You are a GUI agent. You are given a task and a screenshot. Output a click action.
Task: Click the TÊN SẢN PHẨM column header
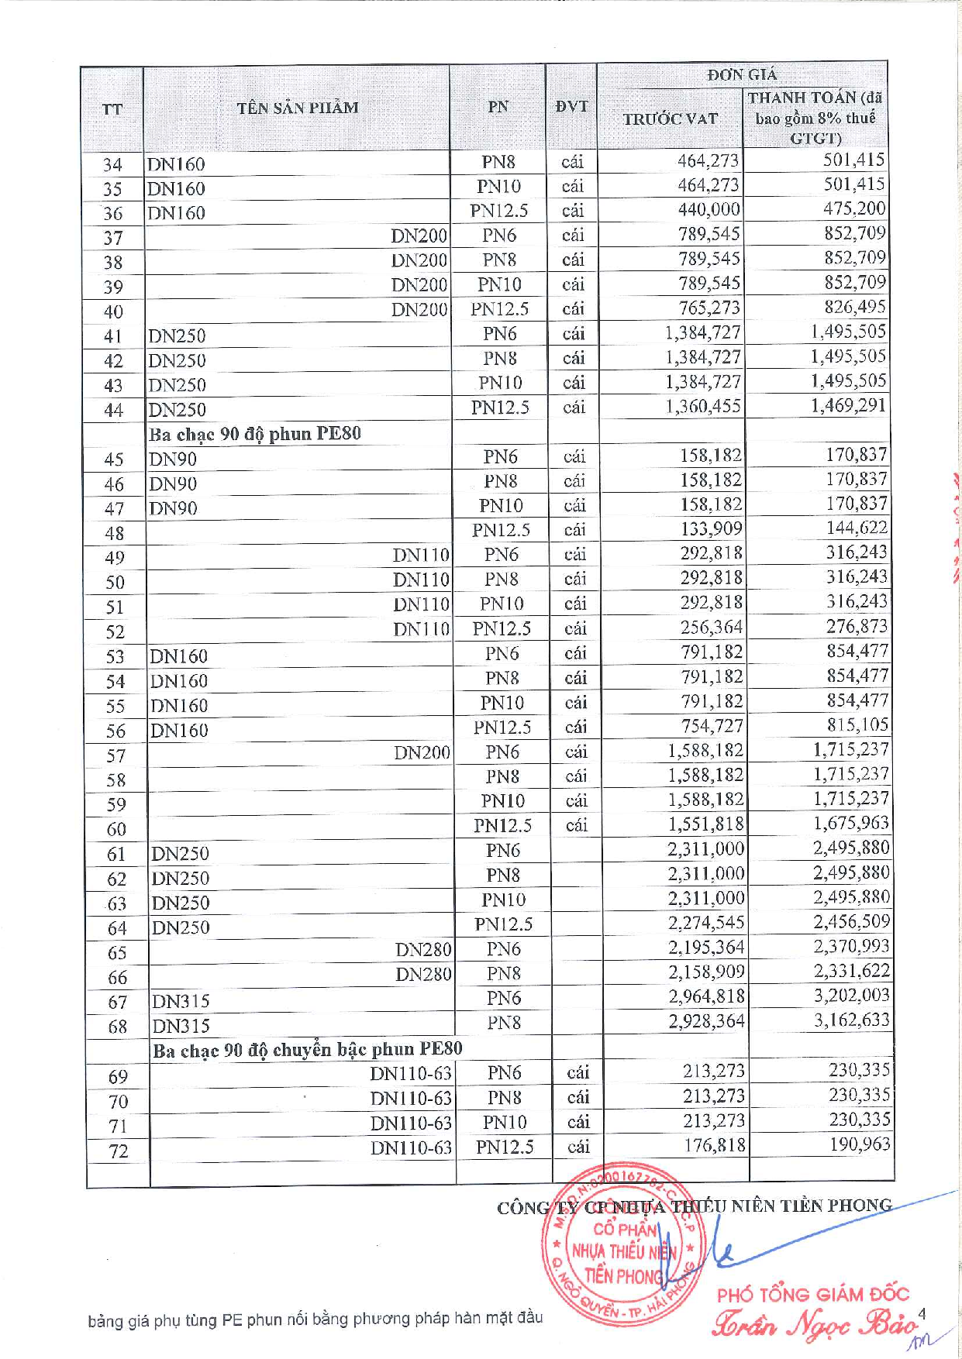click(298, 108)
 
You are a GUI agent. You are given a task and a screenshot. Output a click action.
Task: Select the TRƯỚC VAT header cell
click(671, 119)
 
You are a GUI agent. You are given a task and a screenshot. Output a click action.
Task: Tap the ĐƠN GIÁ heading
click(742, 74)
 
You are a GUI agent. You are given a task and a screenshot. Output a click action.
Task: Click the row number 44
click(113, 410)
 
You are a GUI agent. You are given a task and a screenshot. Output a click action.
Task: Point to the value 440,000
click(709, 209)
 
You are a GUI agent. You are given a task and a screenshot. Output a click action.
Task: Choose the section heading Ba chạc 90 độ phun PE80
click(255, 433)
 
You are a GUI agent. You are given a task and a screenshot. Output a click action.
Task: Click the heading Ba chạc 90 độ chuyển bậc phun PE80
click(308, 1050)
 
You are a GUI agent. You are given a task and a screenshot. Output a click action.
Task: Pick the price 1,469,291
click(848, 405)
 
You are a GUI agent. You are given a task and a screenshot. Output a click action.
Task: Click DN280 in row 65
click(423, 950)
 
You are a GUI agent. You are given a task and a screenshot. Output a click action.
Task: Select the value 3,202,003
click(851, 996)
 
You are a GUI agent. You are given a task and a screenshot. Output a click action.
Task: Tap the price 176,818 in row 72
click(714, 1145)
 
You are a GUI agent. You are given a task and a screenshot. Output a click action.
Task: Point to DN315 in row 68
click(181, 1026)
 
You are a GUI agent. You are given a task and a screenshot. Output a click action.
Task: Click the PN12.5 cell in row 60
click(503, 826)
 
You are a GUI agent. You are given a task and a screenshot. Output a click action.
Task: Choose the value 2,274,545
click(706, 923)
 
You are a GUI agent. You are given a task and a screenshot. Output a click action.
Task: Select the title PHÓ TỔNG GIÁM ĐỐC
click(813, 1294)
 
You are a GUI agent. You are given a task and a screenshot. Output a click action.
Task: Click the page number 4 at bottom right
click(922, 1313)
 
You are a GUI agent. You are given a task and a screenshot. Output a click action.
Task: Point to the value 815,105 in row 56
click(857, 724)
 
